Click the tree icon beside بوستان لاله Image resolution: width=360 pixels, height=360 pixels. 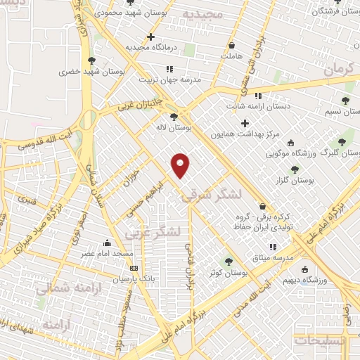coord(174,117)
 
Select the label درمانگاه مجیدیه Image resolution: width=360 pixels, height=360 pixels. coord(149,47)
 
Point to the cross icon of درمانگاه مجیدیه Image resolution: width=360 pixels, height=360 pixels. coord(150,37)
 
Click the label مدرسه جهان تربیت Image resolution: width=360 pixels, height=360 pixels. coord(169,79)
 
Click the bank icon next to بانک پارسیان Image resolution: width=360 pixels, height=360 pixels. coord(134,267)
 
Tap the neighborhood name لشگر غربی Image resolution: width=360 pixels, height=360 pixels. coord(153,231)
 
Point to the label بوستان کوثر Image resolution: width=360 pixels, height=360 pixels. coord(226,271)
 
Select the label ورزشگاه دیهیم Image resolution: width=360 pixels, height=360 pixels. coord(305,278)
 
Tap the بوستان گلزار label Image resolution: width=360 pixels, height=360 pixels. coord(295,181)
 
